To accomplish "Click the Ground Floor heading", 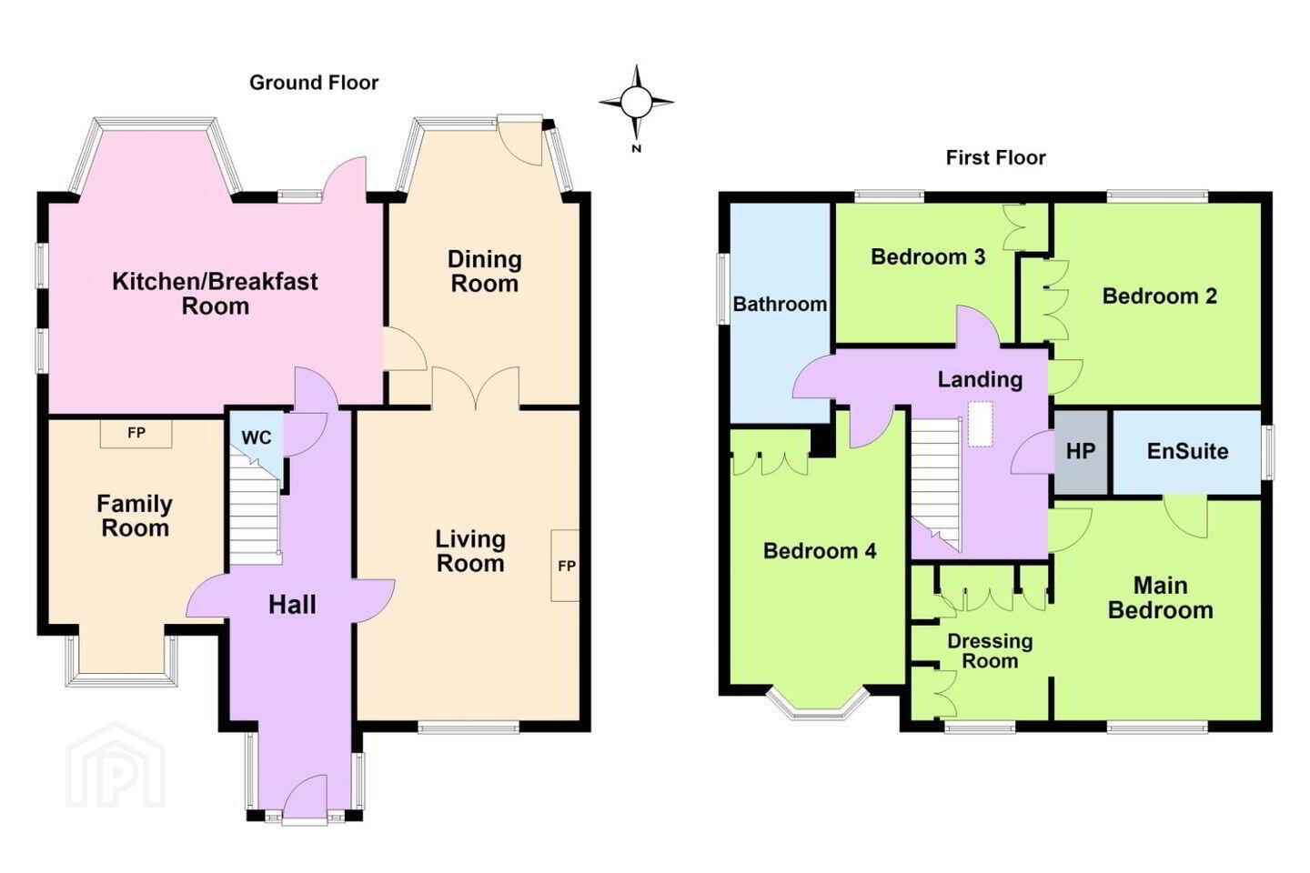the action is click(314, 83).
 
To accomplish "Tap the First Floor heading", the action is click(995, 158).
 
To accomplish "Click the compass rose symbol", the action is click(636, 103).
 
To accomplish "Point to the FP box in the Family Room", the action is click(136, 433).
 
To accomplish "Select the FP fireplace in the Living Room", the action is click(566, 566).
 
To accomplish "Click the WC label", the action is click(257, 437).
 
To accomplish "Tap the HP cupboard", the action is click(1081, 452).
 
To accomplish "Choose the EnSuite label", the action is click(1187, 451).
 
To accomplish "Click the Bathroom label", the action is click(780, 304).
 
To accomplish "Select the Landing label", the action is click(980, 379).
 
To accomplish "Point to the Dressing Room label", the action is click(990, 651).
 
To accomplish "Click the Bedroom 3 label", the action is click(928, 256).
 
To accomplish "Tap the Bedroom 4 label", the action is click(820, 551).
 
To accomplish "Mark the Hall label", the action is click(292, 605).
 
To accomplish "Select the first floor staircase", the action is click(936, 483).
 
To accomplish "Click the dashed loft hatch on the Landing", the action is click(980, 424).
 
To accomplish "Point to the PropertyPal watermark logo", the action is click(116, 766).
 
